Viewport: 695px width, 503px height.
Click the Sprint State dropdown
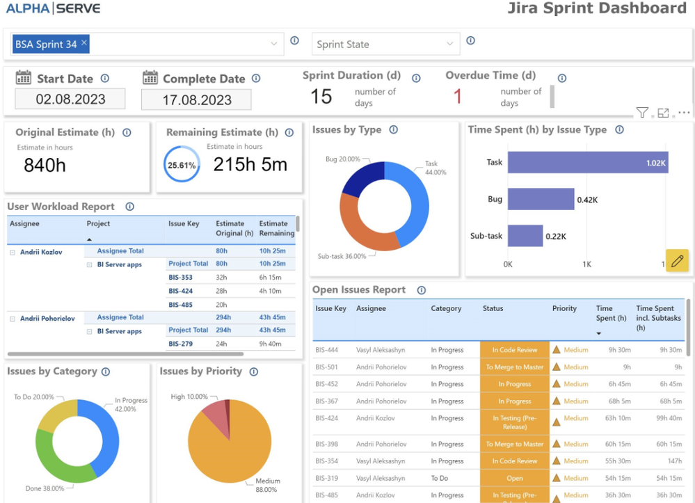coord(385,45)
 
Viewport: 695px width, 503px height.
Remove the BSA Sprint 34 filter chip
coord(84,43)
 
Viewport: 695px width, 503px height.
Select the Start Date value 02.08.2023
coord(70,99)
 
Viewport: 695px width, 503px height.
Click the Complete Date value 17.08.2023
coord(196,99)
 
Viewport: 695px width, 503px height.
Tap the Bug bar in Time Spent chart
coord(541,199)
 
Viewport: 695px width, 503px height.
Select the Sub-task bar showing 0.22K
coord(525,236)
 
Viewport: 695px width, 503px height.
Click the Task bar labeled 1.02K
coord(587,162)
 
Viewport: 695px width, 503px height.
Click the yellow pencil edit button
coord(677,261)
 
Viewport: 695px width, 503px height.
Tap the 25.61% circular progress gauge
coord(182,166)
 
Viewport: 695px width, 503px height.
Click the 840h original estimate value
coord(45,165)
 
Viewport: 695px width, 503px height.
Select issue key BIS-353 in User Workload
coord(180,277)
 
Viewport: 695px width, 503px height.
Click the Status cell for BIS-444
coord(515,350)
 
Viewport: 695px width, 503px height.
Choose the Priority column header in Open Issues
coord(564,308)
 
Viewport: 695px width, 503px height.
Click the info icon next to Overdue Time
coord(562,79)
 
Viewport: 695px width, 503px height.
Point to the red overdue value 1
coord(457,97)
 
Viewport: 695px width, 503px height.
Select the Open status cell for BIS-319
coord(515,479)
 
